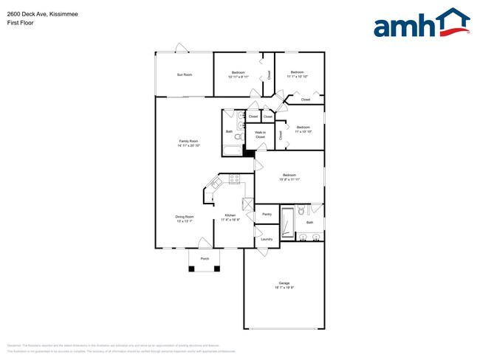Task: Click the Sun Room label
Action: [x=185, y=75]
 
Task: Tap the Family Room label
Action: [x=188, y=141]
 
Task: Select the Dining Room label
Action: [x=185, y=217]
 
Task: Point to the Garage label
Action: [x=284, y=283]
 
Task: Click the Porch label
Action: [x=205, y=259]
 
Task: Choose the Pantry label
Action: [x=267, y=214]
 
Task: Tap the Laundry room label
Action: [x=267, y=239]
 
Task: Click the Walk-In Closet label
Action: [x=260, y=135]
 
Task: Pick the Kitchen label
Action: [x=230, y=215]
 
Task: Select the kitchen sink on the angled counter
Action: [x=218, y=183]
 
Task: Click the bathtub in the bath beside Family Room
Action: [x=232, y=150]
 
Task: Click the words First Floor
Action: [x=21, y=23]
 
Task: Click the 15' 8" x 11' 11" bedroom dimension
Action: [x=289, y=179]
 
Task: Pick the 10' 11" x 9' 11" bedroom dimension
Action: [x=239, y=77]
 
